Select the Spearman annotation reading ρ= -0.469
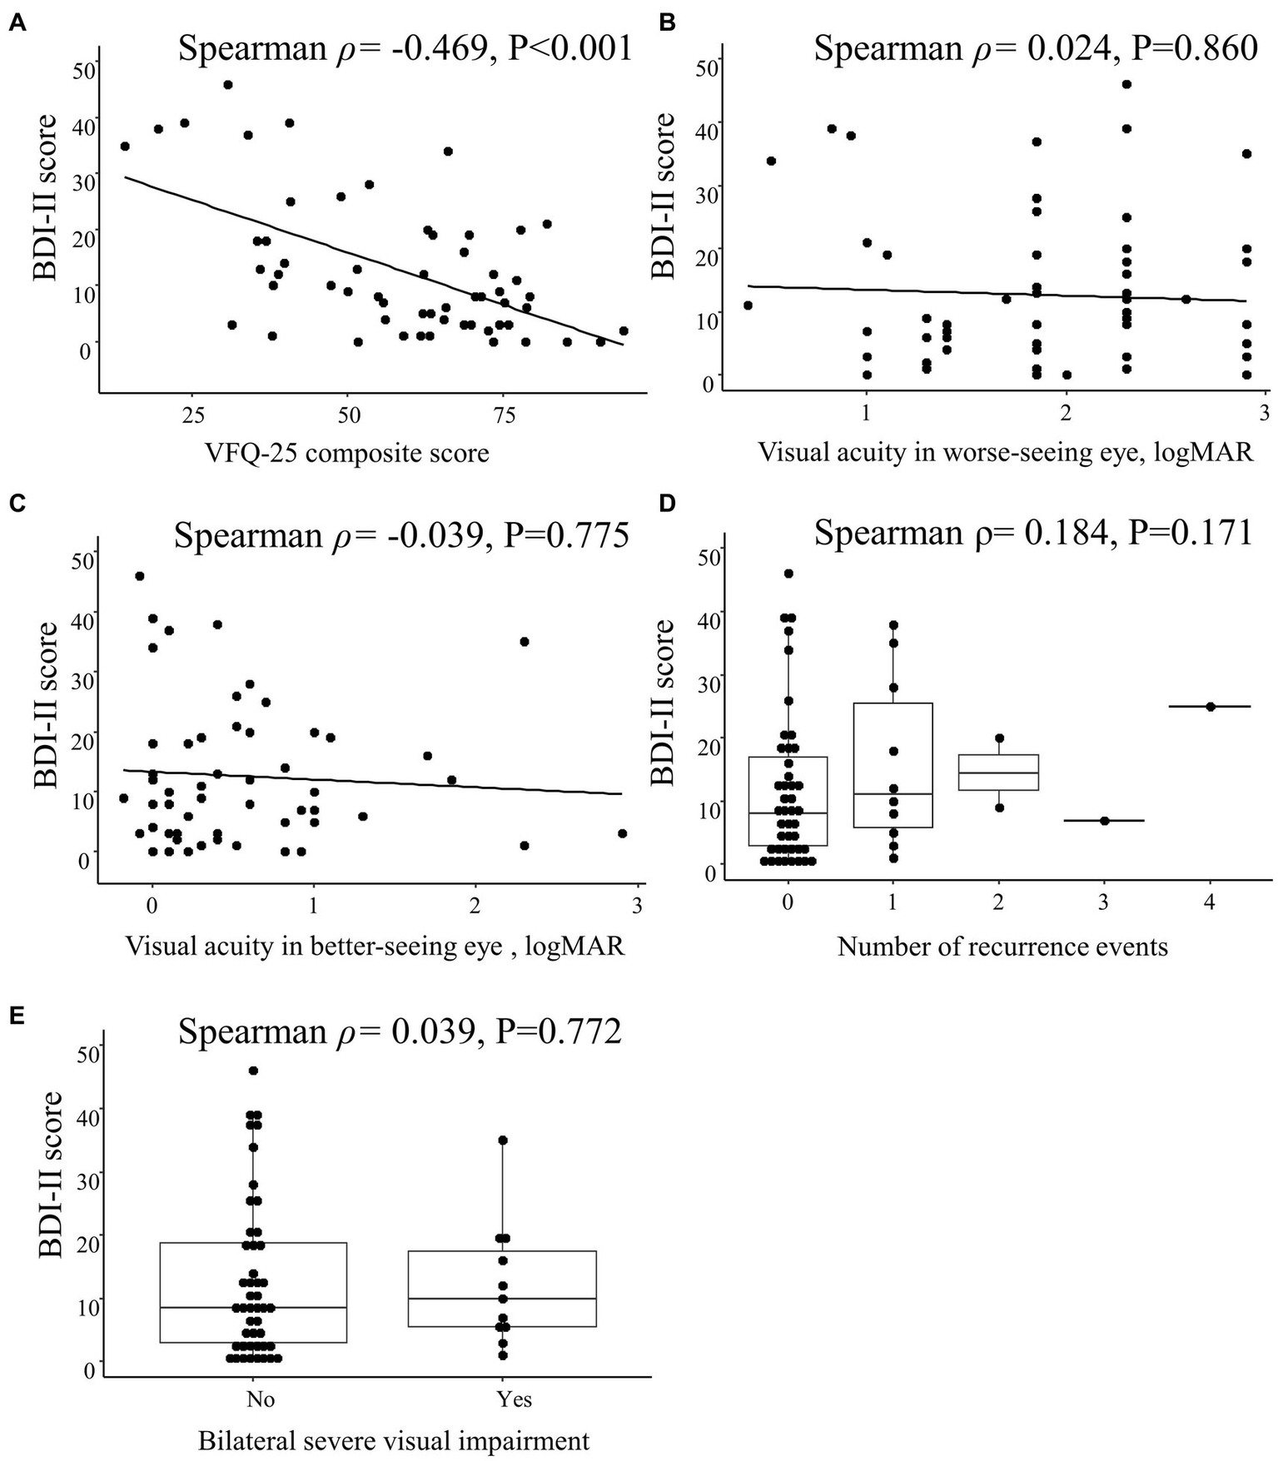point(405,49)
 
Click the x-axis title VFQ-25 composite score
point(347,454)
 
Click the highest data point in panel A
point(227,85)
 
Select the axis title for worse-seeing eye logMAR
point(1006,452)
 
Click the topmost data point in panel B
point(1126,84)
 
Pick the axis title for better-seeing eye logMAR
point(375,947)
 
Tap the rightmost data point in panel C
point(622,833)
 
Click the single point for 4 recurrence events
point(1211,707)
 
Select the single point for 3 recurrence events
point(1105,821)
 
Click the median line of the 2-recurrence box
point(998,773)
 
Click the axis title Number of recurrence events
point(1002,947)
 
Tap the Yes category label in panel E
point(514,1399)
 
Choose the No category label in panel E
point(261,1399)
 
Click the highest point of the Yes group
point(503,1140)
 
